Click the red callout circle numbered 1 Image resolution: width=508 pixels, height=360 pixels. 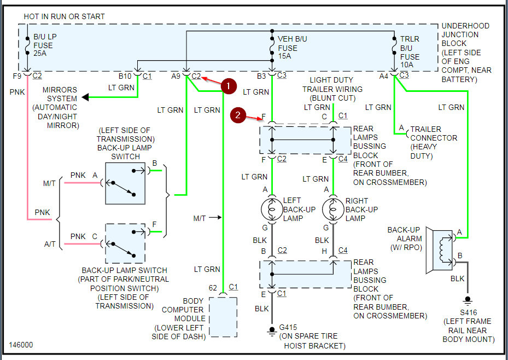pos(229,86)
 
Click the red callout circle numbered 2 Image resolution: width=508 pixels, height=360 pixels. pos(238,115)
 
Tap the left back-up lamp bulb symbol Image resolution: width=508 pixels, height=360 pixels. pos(272,209)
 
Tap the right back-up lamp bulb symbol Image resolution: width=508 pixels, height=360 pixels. pos(333,209)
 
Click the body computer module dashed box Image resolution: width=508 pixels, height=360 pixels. pos(223,317)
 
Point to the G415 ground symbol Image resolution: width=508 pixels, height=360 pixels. pos(272,330)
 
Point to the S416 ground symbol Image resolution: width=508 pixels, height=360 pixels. pos(467,300)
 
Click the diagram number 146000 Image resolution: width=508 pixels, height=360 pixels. pos(21,346)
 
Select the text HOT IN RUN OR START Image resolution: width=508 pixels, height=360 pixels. pos(64,17)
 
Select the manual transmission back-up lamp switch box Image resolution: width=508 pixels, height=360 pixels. pos(125,183)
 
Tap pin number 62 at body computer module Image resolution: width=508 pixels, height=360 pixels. pos(213,287)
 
